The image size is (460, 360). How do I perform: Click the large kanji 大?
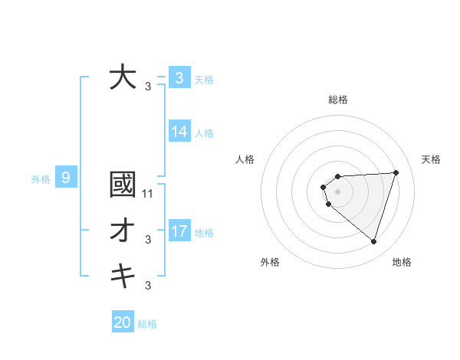pos(123,77)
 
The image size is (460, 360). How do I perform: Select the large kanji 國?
pos(123,185)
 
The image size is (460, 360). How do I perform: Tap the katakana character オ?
pos(123,231)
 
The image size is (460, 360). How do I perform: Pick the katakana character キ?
pos(123,275)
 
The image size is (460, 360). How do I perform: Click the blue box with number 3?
pos(179,77)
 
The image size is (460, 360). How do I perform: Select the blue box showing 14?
pos(179,132)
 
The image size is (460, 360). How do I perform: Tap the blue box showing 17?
pos(179,231)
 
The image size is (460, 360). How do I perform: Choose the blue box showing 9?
pos(66,178)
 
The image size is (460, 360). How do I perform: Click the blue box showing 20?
pos(123,322)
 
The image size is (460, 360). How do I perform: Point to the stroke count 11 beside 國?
pos(149,194)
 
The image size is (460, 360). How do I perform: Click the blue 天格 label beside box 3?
pos(204,79)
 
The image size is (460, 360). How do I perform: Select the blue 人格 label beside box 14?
pos(204,133)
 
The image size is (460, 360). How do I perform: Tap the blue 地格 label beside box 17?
pos(204,232)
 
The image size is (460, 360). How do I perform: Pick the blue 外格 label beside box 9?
pos(41,180)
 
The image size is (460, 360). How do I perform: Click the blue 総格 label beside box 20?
pos(147,324)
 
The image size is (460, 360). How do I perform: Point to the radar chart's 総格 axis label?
pos(338,100)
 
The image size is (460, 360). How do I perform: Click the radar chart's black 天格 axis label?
pos(431,159)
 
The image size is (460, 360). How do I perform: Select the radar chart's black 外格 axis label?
pos(270,262)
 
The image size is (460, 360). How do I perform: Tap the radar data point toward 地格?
pos(373,241)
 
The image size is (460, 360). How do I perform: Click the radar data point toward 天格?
pos(396,172)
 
